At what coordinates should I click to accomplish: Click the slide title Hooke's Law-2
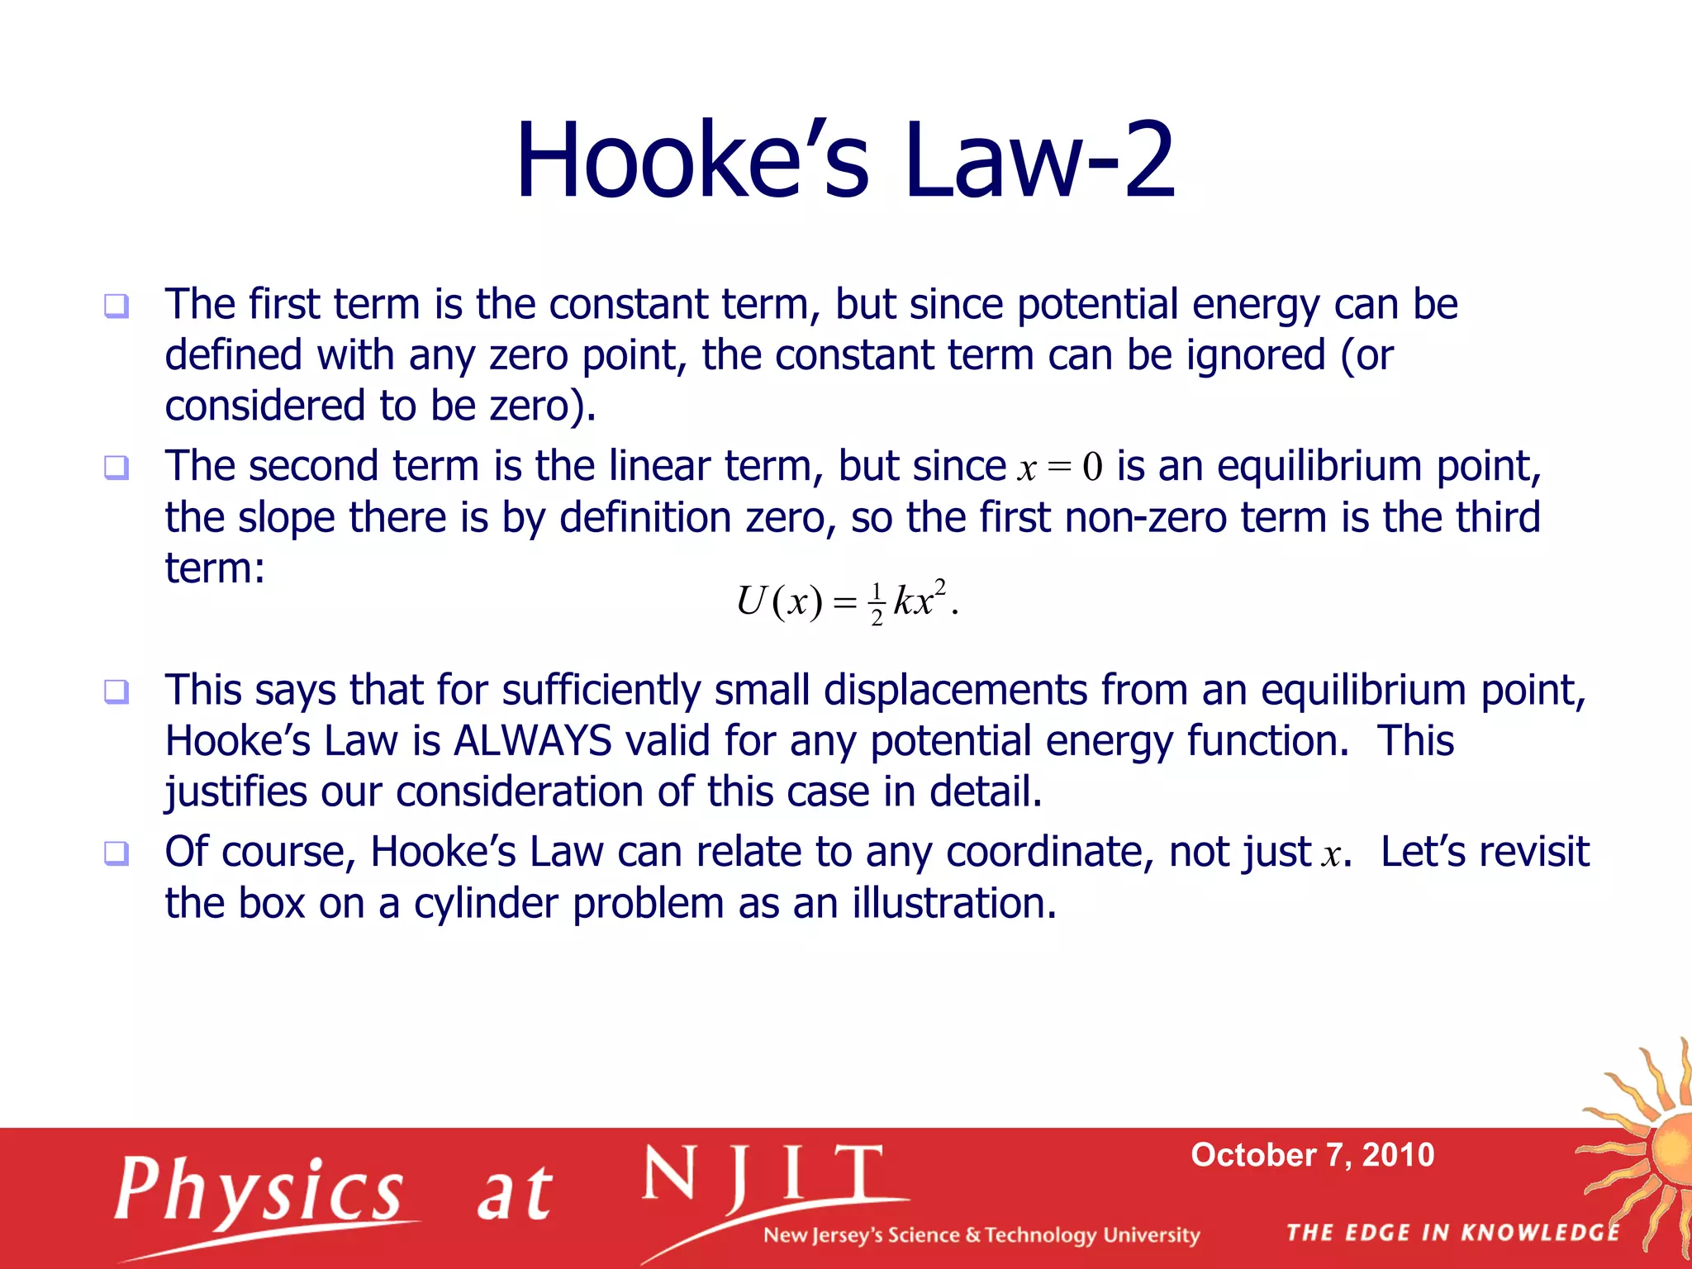844,160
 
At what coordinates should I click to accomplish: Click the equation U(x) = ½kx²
846,601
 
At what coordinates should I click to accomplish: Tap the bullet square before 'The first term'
116,307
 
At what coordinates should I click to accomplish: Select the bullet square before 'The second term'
116,468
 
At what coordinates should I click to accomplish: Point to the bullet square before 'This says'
116,692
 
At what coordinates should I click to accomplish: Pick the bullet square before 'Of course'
116,853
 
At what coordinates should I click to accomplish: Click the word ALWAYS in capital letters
533,741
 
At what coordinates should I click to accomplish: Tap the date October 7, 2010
1312,1155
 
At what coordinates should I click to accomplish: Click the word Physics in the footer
259,1190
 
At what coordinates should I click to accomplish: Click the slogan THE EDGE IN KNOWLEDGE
1452,1233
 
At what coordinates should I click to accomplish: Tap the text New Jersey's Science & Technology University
981,1235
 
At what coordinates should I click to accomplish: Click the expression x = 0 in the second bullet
1060,468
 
